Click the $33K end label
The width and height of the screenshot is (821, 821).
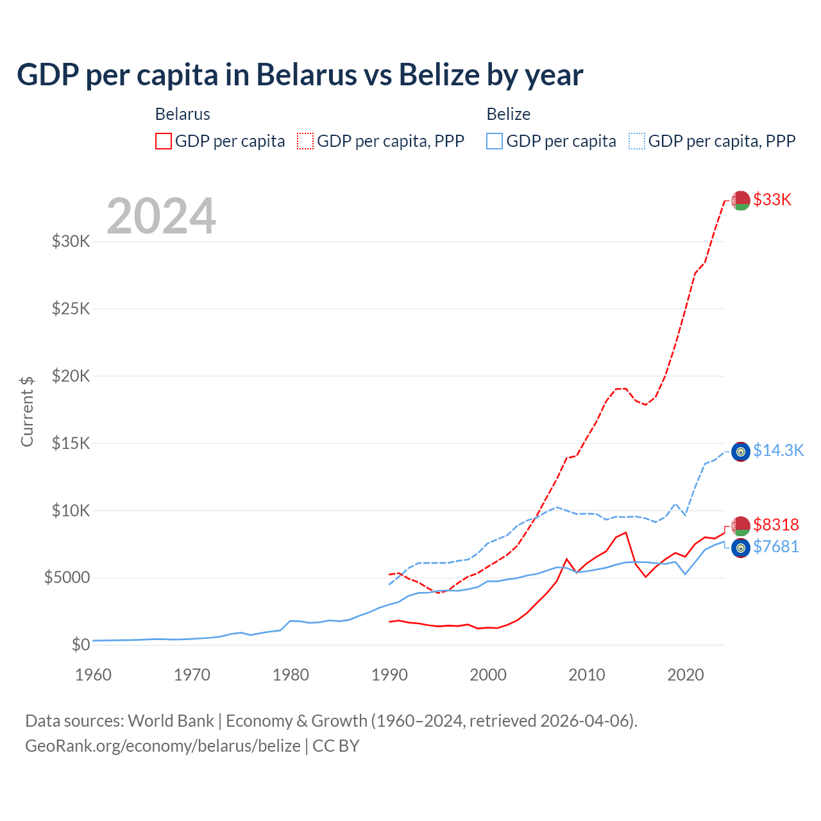772,199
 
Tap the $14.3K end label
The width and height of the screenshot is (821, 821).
778,450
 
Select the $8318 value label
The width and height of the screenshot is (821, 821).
776,525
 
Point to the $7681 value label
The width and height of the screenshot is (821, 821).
776,546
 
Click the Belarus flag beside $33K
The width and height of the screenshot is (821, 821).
741,200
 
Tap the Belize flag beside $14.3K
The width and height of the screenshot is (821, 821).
741,452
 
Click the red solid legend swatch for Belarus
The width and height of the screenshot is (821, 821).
164,141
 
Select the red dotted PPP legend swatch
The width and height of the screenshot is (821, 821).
305,141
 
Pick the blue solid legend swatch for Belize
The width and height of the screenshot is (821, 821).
495,141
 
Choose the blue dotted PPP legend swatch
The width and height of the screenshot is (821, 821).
637,141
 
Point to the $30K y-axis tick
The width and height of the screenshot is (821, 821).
71,242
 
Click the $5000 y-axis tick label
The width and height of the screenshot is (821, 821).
67,578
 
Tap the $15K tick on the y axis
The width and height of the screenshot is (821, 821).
71,443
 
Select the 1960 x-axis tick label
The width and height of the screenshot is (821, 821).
94,675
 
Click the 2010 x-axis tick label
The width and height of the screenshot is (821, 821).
587,675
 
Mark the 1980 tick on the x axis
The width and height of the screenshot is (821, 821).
291,675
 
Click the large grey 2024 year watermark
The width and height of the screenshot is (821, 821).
162,216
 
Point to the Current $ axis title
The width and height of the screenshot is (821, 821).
27,412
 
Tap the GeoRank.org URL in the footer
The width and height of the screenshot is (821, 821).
163,746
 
